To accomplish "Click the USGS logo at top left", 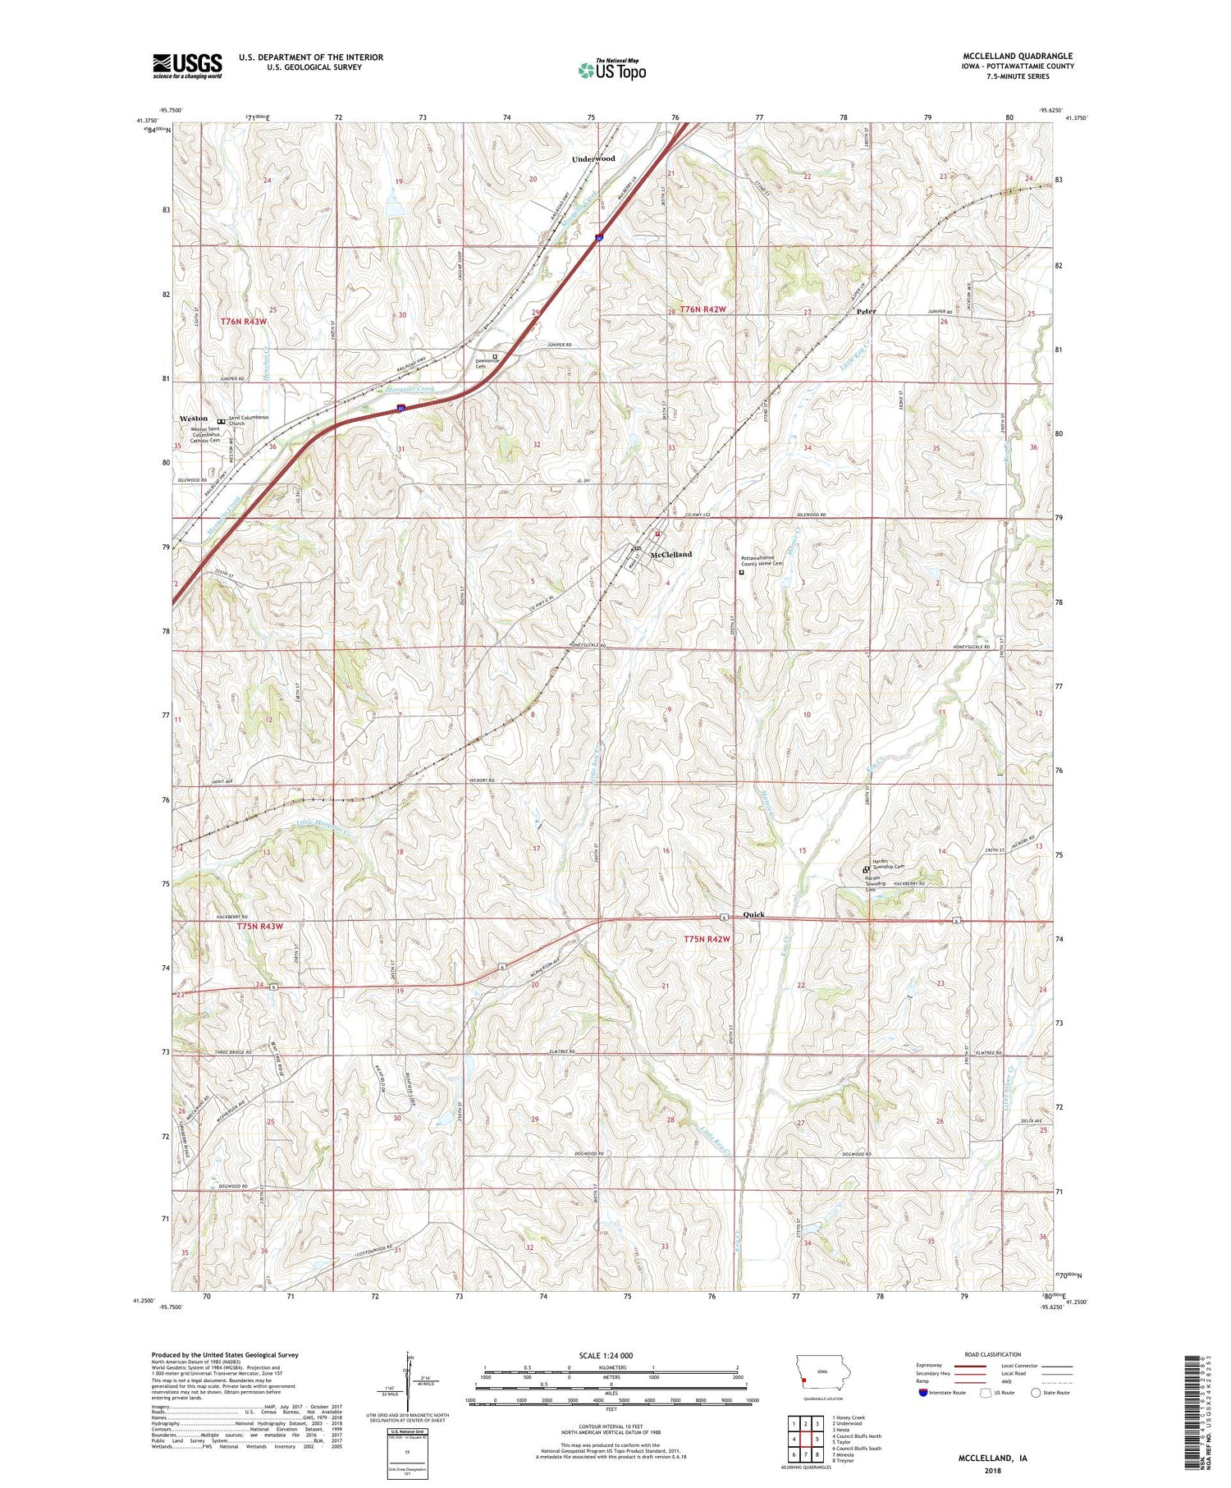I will [187, 66].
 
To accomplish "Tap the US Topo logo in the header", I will [612, 71].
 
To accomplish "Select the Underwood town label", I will [593, 158].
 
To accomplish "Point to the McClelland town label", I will [670, 555].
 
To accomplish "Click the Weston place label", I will [194, 419].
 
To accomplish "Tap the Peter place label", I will [866, 312].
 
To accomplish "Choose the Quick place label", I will [753, 914].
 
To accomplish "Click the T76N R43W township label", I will [244, 322].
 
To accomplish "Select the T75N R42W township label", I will [707, 939].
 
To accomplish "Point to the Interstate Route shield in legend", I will [922, 1393].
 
